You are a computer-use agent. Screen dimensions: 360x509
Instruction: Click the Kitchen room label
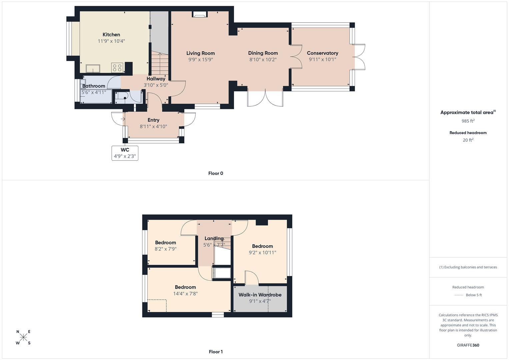coord(111,35)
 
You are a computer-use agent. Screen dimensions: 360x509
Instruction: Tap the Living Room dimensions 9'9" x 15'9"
coord(200,60)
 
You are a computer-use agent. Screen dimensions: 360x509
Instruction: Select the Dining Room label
coord(263,53)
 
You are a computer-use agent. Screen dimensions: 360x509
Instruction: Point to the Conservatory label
coord(322,53)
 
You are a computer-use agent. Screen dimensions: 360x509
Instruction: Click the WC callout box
coord(125,153)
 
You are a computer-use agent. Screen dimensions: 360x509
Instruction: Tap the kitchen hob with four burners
coord(117,68)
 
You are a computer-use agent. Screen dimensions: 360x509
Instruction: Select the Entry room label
coord(153,120)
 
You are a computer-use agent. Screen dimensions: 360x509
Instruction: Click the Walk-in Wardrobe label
coord(260,295)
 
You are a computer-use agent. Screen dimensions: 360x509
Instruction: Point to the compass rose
coord(23,337)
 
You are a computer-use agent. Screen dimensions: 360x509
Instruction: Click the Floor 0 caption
coord(215,173)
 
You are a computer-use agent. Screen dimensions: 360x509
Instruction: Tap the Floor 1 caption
coord(215,352)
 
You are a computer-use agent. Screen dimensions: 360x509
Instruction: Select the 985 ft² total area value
coord(468,121)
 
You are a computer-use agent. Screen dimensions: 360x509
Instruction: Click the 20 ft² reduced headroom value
coord(468,140)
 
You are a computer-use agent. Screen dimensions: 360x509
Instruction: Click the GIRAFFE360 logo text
coord(468,345)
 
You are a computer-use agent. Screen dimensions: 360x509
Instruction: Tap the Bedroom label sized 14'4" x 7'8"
coord(185,287)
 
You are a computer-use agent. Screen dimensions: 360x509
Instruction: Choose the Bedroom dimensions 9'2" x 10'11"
coord(262,253)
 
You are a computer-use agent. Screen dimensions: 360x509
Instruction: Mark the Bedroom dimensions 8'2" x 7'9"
coord(165,249)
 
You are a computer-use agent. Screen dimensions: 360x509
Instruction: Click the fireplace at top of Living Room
coord(200,14)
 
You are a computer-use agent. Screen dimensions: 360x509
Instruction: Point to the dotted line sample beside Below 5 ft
coord(459,295)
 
